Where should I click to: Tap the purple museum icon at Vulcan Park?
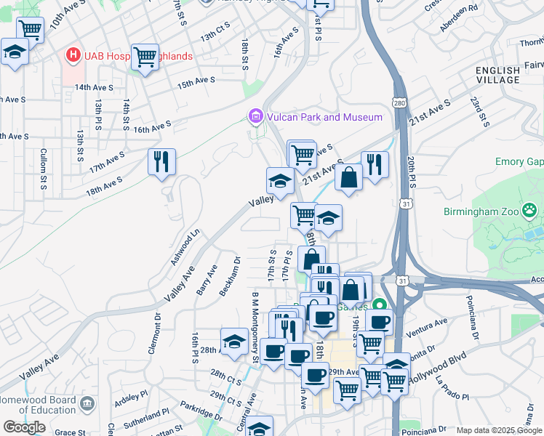pyautogui.click(x=255, y=116)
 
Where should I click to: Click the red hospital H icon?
pyautogui.click(x=73, y=55)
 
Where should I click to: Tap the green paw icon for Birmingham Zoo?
pyautogui.click(x=530, y=211)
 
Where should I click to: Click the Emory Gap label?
pyautogui.click(x=519, y=161)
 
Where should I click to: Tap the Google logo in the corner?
pyautogui.click(x=24, y=427)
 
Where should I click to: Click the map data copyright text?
pyautogui.click(x=500, y=430)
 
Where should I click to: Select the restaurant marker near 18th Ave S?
pyautogui.click(x=161, y=161)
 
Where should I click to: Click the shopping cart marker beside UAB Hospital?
pyautogui.click(x=145, y=57)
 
